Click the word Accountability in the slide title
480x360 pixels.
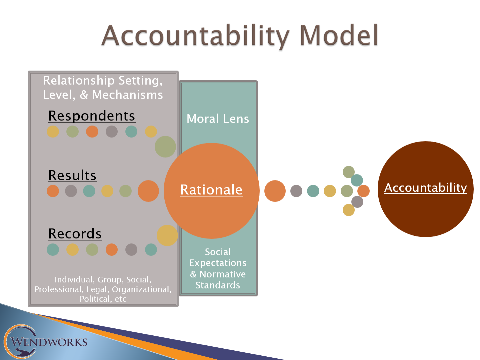195,36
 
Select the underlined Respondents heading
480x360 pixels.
92,116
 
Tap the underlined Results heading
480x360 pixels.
72,176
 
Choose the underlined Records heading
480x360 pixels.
75,234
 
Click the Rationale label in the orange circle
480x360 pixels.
211,190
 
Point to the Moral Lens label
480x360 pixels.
218,119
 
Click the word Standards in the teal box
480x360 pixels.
218,285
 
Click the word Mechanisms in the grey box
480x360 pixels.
128,95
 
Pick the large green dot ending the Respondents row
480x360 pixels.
165,147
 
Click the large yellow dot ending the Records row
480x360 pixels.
167,235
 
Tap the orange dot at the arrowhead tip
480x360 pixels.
363,191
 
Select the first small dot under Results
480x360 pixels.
53,191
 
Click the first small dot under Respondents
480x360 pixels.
53,132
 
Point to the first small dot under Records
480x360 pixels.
53,249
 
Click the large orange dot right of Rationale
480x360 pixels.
275,191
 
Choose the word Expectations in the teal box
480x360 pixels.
218,263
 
